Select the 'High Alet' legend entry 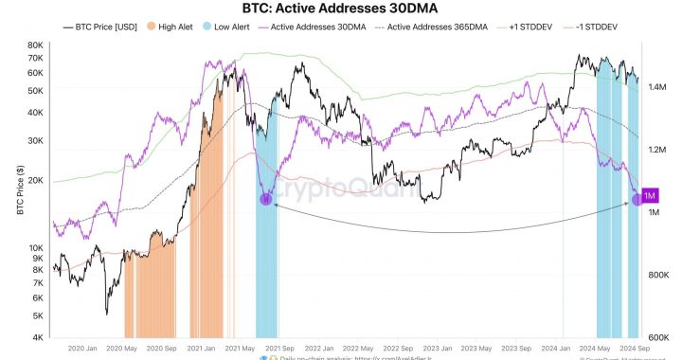point(171,27)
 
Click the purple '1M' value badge point(650,195)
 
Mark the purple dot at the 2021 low point(266,199)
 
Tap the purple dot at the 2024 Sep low point(637,200)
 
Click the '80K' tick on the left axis point(36,45)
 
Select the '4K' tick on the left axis point(39,337)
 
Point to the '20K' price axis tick point(36,180)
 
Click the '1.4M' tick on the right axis point(658,87)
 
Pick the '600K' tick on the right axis point(658,337)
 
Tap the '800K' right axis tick point(658,275)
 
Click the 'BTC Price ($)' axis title point(19,190)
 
